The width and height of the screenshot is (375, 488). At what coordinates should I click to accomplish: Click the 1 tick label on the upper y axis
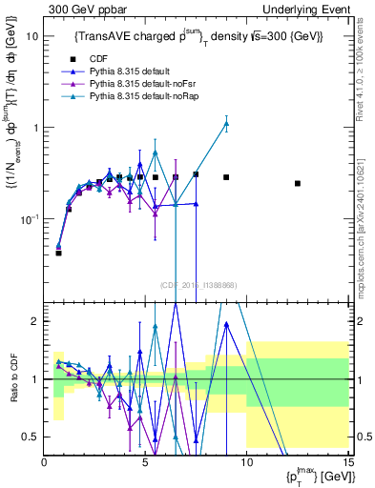[x=34, y=128]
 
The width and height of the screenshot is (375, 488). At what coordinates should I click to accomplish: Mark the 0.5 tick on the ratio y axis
[x=31, y=437]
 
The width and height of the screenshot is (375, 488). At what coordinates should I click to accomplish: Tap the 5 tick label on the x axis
[x=145, y=462]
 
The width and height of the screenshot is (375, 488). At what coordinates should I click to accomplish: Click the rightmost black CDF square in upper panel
[x=298, y=183]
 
